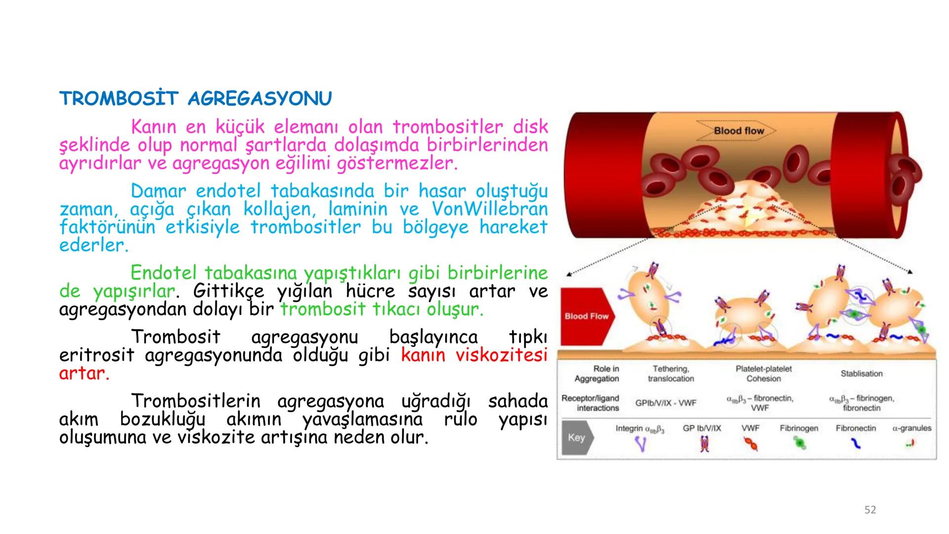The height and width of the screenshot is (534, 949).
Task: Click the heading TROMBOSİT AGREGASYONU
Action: click(195, 99)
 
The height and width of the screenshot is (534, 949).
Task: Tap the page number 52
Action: click(870, 510)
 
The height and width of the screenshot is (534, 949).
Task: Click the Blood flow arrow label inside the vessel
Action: click(738, 131)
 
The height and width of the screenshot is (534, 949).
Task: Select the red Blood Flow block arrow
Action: click(587, 316)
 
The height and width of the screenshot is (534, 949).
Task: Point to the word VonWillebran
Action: click(490, 209)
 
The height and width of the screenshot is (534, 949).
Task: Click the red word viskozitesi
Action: click(501, 355)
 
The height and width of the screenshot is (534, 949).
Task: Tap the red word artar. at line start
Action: click(84, 373)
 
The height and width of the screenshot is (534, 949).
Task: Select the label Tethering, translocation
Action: click(671, 374)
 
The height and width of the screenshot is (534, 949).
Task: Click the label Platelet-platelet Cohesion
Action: click(763, 374)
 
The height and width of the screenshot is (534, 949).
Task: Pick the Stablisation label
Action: click(862, 374)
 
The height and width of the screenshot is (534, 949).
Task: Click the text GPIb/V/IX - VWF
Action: click(665, 403)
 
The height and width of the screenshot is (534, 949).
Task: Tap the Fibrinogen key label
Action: click(799, 428)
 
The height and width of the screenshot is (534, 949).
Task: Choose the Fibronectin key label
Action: click(856, 428)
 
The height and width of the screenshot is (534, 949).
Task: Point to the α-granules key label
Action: click(911, 428)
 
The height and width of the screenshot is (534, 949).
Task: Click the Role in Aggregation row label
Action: click(597, 374)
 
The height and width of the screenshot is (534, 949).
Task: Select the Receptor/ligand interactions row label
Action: click(591, 403)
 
